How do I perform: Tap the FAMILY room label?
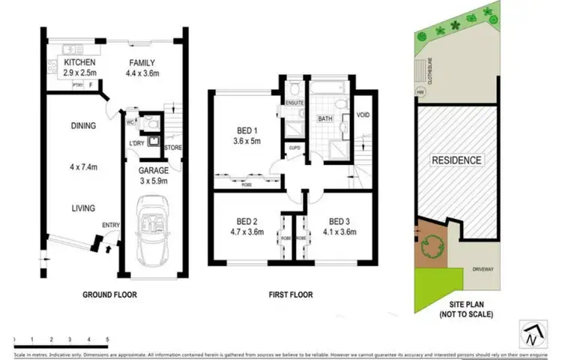click(142, 62)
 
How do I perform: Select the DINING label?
click(83, 125)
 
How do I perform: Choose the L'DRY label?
click(136, 143)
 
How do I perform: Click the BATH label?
click(325, 118)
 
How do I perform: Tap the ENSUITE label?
click(294, 101)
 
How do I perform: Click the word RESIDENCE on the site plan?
click(456, 160)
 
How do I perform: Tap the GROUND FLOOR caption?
click(109, 295)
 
